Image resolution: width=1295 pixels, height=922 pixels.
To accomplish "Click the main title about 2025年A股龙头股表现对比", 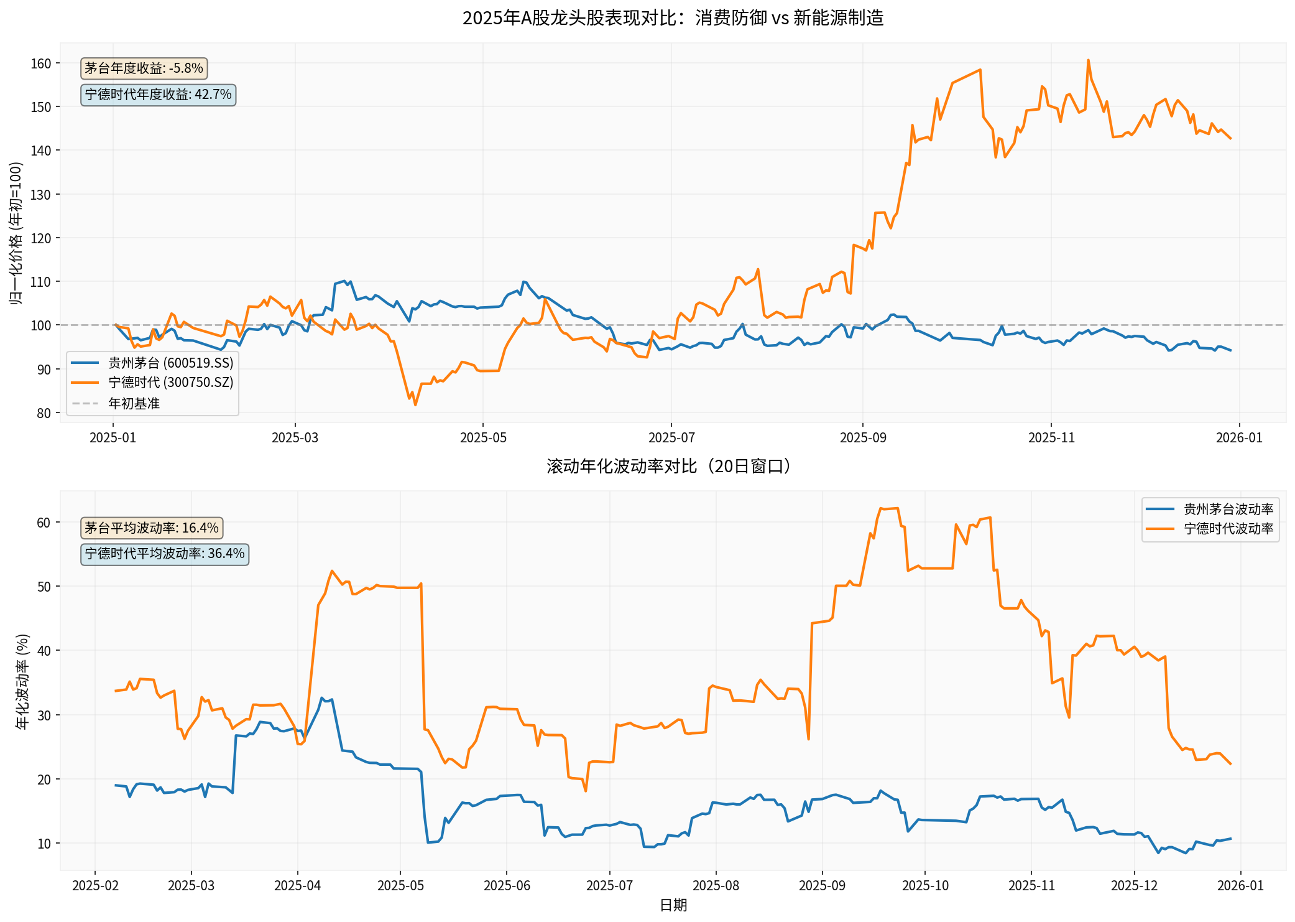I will (673, 18).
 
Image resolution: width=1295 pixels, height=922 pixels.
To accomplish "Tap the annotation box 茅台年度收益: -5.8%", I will (144, 68).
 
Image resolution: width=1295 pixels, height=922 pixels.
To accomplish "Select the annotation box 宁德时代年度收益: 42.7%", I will (158, 95).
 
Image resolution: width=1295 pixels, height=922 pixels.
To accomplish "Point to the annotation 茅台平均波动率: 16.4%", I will (152, 528).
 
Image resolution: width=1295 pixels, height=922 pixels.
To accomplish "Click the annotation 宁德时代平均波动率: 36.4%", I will (165, 554).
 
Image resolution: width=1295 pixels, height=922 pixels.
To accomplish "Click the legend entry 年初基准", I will (134, 403).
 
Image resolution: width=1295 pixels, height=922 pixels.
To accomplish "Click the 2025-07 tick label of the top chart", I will (671, 438).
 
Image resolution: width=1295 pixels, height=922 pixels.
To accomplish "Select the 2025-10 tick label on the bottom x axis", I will (925, 886).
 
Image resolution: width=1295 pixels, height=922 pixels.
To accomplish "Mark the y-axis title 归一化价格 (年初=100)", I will (16, 233).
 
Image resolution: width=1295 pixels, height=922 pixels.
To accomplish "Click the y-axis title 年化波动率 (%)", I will (22, 681).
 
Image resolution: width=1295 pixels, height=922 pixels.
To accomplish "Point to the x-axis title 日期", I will (673, 905).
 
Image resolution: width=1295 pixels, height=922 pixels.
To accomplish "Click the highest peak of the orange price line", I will (1088, 60).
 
